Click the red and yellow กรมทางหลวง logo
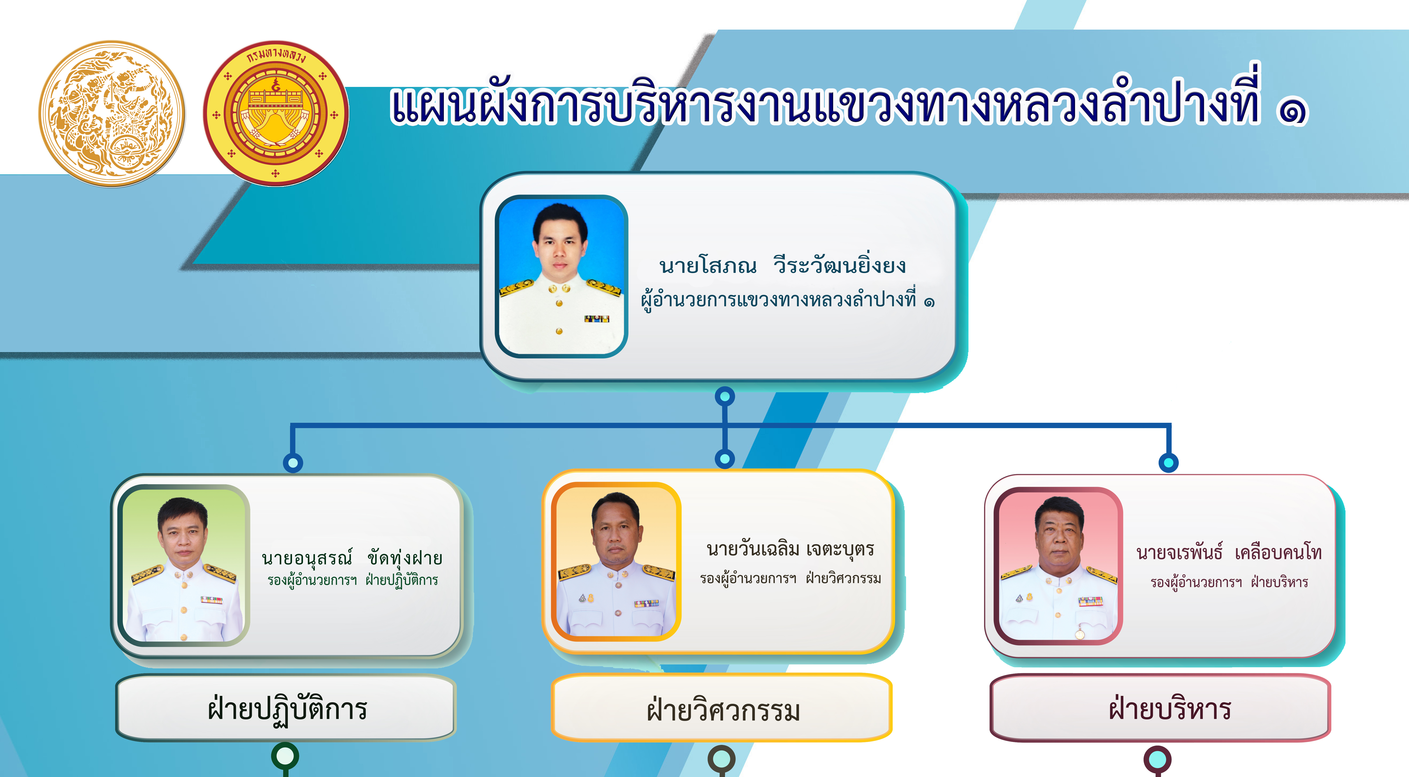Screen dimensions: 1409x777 tap(276, 113)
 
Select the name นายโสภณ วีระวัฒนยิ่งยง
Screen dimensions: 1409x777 tap(783, 265)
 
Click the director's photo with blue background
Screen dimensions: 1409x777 tap(561, 276)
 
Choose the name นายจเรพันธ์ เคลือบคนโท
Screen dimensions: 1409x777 tap(1229, 553)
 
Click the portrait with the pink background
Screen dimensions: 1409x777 tap(1058, 565)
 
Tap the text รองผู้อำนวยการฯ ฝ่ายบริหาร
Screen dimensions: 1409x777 tap(1229, 582)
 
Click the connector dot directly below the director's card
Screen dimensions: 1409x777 tap(725, 396)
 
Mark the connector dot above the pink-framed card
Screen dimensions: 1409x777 tap(1168, 462)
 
